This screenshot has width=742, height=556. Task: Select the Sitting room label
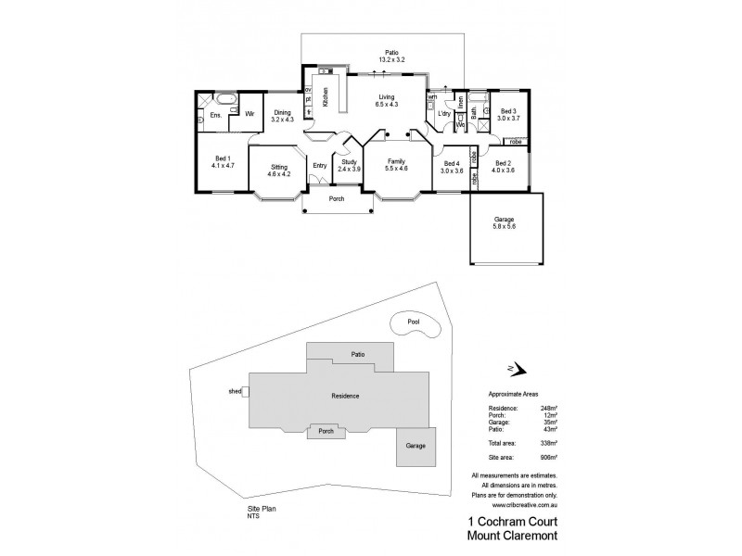[279, 170]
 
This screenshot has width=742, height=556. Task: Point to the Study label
[348, 166]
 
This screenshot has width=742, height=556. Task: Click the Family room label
[396, 164]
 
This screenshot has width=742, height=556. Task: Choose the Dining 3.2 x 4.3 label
[281, 116]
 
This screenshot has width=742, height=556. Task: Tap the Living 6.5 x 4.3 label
[388, 101]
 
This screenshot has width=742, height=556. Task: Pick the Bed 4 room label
[452, 167]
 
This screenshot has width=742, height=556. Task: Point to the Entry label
[319, 166]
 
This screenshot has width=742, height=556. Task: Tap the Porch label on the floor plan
[337, 198]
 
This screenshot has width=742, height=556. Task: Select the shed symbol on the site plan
[244, 392]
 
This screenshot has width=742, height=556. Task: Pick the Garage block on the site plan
[415, 446]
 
